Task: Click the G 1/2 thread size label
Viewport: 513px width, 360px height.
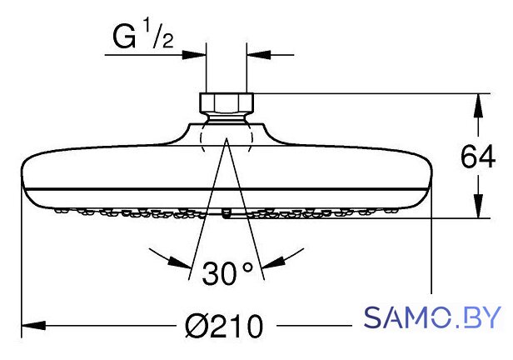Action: (x=143, y=37)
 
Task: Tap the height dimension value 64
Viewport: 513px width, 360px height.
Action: (x=478, y=157)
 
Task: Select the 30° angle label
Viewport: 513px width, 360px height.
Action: (x=227, y=273)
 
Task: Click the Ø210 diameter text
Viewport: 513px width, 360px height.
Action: (x=224, y=326)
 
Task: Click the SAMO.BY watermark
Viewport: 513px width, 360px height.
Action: (x=432, y=317)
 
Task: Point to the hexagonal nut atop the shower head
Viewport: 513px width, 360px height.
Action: (x=227, y=103)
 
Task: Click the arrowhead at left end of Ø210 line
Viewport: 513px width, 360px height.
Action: (x=33, y=326)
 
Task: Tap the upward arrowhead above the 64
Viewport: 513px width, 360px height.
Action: (x=478, y=105)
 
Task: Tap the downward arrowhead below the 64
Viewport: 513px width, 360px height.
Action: (x=478, y=206)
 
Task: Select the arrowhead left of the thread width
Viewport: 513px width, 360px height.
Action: (x=194, y=55)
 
